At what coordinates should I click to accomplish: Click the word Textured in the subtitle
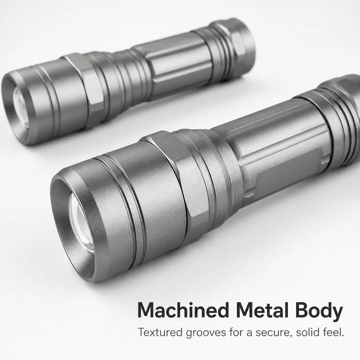click(160, 332)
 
